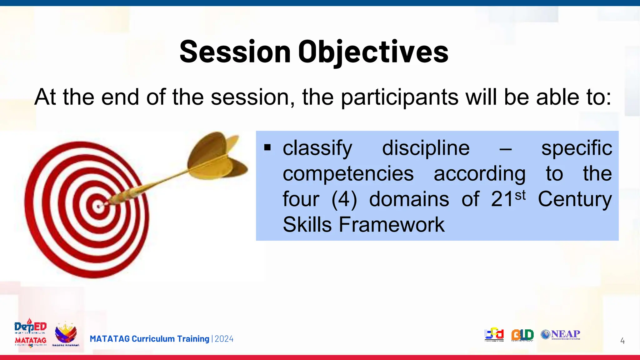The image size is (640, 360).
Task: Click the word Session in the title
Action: [235, 52]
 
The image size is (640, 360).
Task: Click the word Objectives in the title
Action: [373, 52]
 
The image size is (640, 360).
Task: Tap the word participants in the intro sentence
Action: [399, 97]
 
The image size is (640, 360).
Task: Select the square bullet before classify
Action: [267, 147]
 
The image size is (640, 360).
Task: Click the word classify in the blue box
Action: [317, 148]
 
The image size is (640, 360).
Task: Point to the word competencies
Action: [348, 174]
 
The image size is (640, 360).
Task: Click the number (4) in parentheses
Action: [344, 199]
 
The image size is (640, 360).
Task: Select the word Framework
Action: [391, 225]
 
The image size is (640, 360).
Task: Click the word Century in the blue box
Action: [575, 199]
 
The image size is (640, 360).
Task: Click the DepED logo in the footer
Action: [30, 327]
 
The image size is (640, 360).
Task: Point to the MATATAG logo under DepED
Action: [31, 341]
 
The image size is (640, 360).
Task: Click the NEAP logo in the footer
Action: [561, 334]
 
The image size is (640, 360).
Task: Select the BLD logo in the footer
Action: [522, 335]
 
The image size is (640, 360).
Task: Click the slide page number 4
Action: [622, 341]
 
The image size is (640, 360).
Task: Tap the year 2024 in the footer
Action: [224, 339]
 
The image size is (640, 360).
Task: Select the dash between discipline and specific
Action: [505, 149]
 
